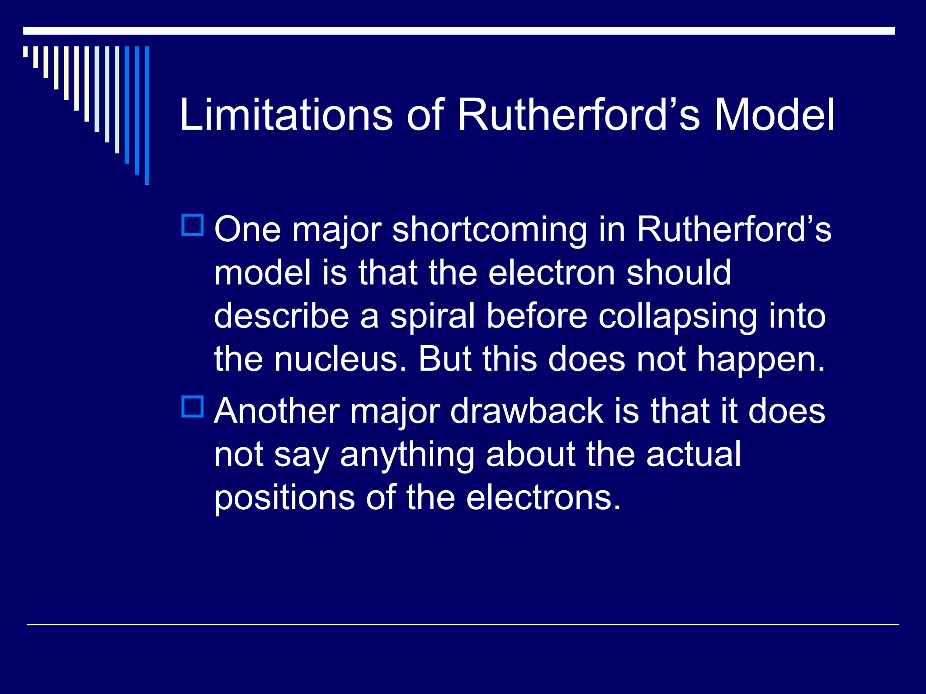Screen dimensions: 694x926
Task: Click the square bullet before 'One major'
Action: point(193,225)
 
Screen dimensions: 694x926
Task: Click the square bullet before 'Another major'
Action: point(193,406)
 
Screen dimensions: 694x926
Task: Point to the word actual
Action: point(694,454)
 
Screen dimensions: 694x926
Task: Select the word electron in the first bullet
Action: point(552,273)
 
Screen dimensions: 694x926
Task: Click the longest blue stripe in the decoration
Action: point(147,115)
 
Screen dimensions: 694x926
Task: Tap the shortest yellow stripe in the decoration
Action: point(25,52)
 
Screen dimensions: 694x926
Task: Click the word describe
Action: point(281,316)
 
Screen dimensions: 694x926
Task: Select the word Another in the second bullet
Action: point(277,411)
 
